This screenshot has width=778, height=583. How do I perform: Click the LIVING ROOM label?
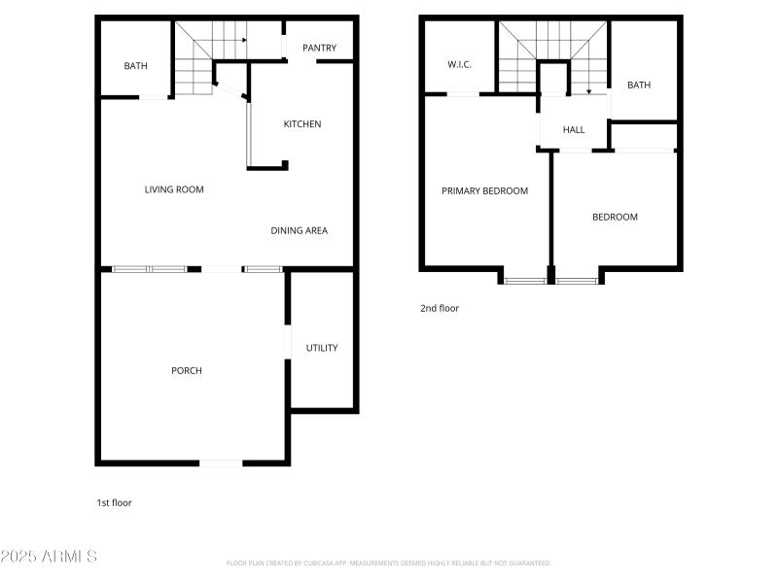[x=174, y=189]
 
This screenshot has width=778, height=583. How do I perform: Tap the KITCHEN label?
[x=301, y=124]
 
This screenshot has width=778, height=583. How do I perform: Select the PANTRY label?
[x=319, y=48]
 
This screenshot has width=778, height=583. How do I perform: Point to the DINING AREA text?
[x=299, y=230]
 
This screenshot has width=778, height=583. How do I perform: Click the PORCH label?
[x=187, y=370]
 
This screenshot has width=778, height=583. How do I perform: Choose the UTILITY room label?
[x=322, y=348]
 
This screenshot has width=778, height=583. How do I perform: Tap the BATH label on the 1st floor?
[x=135, y=66]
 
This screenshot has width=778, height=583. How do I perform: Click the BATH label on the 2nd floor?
[x=639, y=86]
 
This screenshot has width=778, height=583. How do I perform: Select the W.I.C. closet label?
[x=459, y=64]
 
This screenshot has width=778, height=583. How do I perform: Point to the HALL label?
[x=574, y=129]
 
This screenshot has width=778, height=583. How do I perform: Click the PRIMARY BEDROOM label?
[x=484, y=191]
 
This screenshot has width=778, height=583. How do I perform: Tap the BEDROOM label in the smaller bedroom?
[x=615, y=217]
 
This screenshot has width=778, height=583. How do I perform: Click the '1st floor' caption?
[x=114, y=502]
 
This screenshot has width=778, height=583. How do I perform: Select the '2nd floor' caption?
[x=440, y=308]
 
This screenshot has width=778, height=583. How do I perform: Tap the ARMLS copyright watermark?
[x=49, y=557]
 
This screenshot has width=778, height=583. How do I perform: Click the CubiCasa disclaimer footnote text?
[x=389, y=563]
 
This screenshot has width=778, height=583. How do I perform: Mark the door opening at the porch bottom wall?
[x=221, y=463]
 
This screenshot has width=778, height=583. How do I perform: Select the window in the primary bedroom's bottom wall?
[x=525, y=281]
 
